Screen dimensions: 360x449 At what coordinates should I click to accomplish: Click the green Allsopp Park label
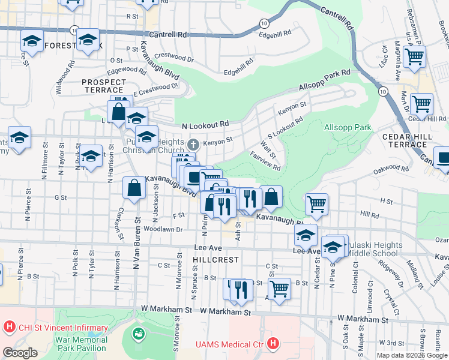348,128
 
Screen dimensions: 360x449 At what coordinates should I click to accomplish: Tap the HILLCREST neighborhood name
215,260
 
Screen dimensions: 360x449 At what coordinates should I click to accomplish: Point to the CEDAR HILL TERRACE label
408,141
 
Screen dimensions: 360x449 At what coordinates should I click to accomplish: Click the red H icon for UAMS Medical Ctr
273,344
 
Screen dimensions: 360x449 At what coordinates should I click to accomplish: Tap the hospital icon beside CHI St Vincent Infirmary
9,328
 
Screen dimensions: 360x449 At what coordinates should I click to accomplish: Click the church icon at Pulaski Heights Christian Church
193,144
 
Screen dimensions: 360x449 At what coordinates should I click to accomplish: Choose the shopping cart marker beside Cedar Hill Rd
422,103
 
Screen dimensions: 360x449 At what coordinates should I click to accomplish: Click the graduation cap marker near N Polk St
91,156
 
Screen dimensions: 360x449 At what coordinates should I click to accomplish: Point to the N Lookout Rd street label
205,124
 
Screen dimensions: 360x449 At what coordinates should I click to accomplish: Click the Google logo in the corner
20,353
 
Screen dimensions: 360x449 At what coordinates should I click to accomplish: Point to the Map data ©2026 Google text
412,355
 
